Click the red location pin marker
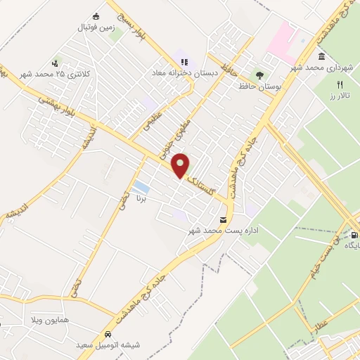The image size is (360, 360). pos(181,165)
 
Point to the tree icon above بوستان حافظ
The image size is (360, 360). pos(260,74)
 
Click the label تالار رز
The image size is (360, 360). pos(339,95)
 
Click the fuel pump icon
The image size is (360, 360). pos(354,235)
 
